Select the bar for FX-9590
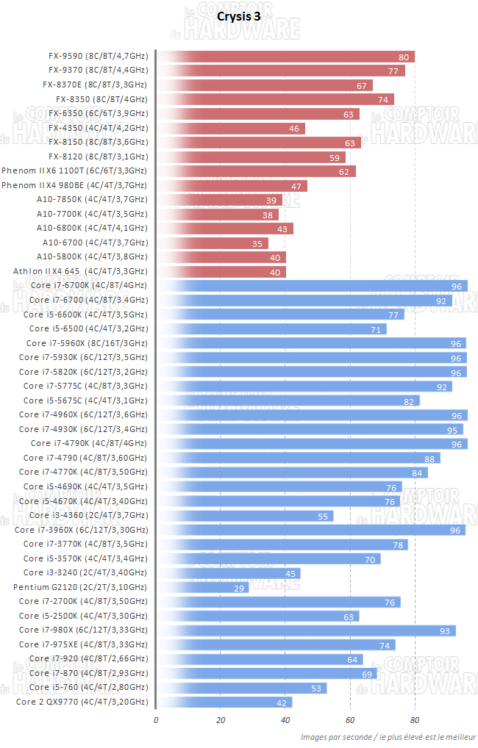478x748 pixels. pyautogui.click(x=287, y=57)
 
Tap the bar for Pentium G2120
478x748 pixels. pyautogui.click(x=203, y=587)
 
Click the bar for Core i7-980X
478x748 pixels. pyautogui.click(x=306, y=630)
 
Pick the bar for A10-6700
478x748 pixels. pyautogui.click(x=213, y=242)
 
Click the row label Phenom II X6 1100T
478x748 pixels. pyautogui.click(x=74, y=170)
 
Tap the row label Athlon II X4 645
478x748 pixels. pyautogui.click(x=80, y=271)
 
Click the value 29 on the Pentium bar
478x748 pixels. pyautogui.click(x=239, y=587)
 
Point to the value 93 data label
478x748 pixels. pyautogui.click(x=446, y=630)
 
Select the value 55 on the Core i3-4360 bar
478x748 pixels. pyautogui.click(x=323, y=516)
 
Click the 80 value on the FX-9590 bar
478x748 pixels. pyautogui.click(x=404, y=57)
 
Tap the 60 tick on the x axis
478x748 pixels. pyautogui.click(x=350, y=720)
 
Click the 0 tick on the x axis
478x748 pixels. pyautogui.click(x=156, y=720)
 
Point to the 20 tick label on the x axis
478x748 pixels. pyautogui.click(x=221, y=720)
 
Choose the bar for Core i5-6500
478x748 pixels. pyautogui.click(x=271, y=328)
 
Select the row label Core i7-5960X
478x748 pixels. pyautogui.click(x=87, y=343)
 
